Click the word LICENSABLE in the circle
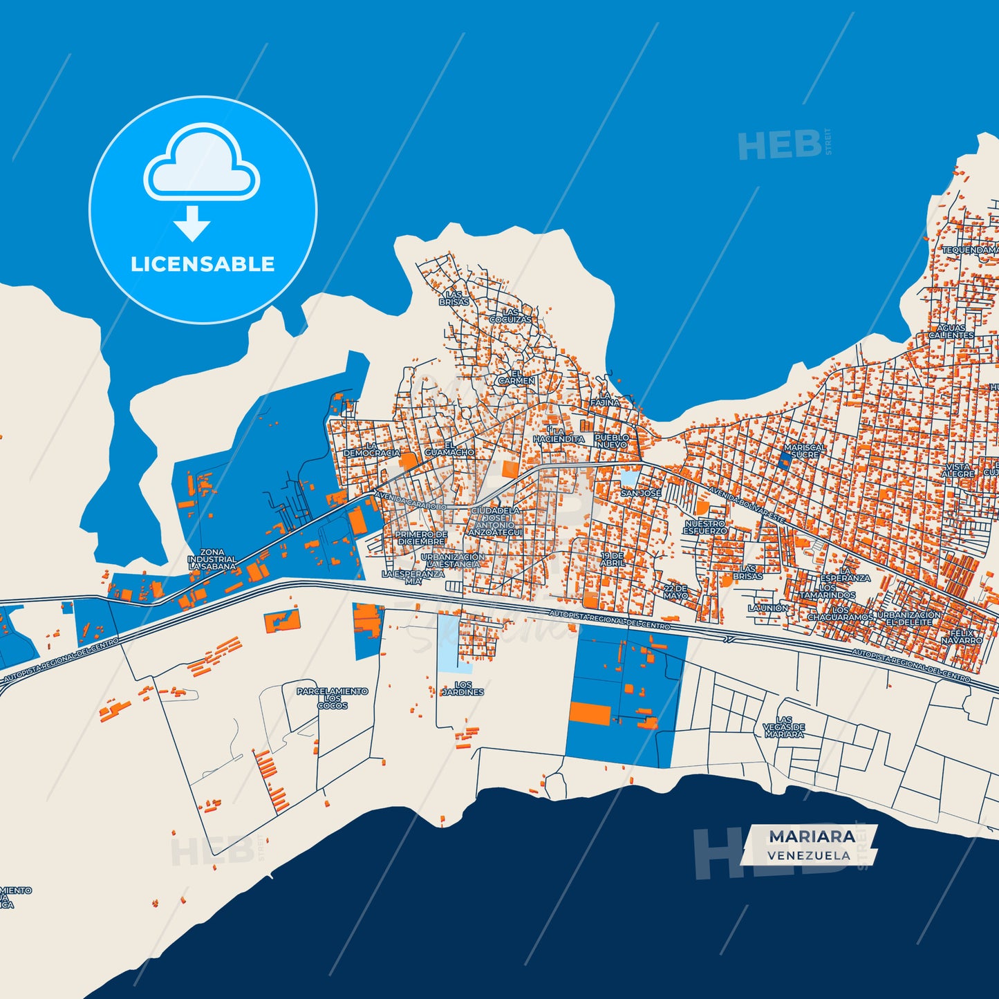coord(203,264)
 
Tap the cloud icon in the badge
coord(201,162)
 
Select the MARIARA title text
coord(812,837)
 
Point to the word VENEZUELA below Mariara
coord(808,855)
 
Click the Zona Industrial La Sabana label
coord(212,559)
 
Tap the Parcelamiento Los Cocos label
coord(333,698)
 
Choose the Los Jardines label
coord(463,689)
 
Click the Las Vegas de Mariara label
coord(784,727)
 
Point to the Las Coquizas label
coord(511,316)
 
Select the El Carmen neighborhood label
coord(516,377)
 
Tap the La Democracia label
coord(371,449)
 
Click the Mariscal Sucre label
coord(805,451)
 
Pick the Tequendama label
coord(970,250)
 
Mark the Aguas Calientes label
coord(951,332)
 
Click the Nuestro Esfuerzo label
coord(705,527)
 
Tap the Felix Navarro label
coord(962,637)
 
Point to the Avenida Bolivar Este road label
coord(747,506)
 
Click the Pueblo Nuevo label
coord(612,441)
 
